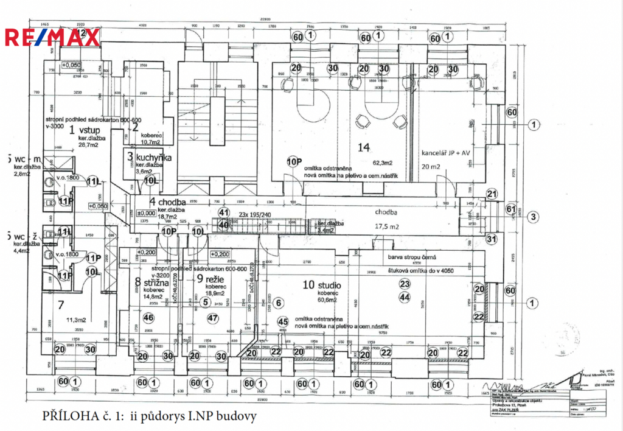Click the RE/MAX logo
tap(52, 38)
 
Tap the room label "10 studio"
tap(320, 285)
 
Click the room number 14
tap(364, 147)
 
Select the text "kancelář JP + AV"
tap(445, 152)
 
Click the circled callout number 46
tap(148, 317)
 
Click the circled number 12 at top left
tap(81, 32)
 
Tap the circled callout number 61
tap(510, 209)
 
